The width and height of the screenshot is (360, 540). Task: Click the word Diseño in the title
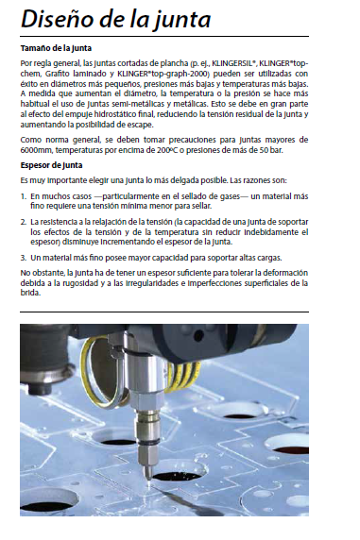coord(57,19)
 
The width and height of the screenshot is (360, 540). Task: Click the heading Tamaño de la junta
coord(56,48)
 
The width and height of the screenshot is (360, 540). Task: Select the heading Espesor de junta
coord(51,165)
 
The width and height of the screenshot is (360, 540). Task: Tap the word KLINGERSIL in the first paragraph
coord(233,63)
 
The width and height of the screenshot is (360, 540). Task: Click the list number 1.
coord(23,196)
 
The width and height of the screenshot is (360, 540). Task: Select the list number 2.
coord(23,222)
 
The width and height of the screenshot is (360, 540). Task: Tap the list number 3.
coord(23,258)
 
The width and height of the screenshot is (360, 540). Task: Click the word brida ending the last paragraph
coord(30,294)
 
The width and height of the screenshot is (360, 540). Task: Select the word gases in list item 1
coord(230,196)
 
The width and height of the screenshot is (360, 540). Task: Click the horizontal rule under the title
coord(164,36)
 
